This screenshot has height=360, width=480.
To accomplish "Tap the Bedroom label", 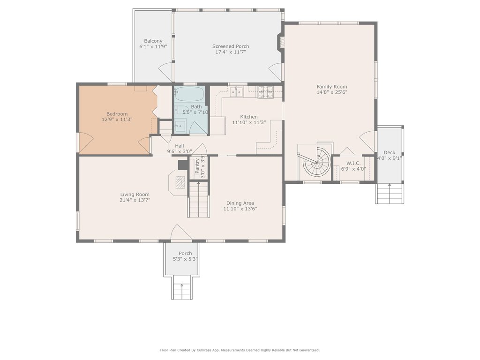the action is click(x=117, y=114).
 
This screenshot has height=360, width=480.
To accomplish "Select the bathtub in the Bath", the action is click(x=189, y=94).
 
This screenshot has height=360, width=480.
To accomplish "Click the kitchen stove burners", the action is click(x=265, y=92).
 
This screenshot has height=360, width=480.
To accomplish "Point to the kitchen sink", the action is click(x=237, y=91).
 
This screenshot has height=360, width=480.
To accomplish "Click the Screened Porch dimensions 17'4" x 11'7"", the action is click(x=231, y=52).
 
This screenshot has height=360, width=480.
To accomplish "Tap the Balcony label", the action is click(x=153, y=41).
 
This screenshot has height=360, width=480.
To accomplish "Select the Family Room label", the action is click(x=332, y=87).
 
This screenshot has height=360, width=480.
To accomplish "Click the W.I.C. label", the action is click(x=353, y=163).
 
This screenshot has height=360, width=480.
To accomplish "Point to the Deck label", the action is click(x=390, y=152).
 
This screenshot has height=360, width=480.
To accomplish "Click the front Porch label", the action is click(x=185, y=253).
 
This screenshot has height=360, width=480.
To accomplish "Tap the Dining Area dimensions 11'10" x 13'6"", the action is click(x=240, y=209).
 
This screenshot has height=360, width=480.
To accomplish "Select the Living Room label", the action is click(x=135, y=195).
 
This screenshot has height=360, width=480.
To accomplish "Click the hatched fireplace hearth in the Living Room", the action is click(x=180, y=182).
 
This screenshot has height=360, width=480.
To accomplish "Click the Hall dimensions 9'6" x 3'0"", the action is click(x=180, y=151).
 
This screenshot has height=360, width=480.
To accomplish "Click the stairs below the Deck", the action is click(x=390, y=194).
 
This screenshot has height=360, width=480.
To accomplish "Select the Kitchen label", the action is click(x=249, y=117).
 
